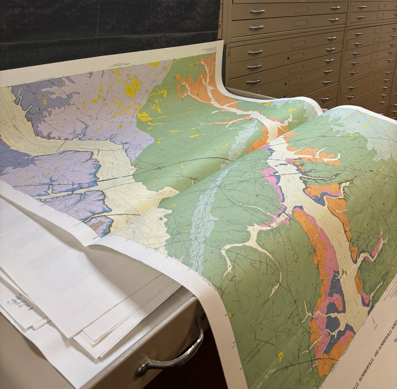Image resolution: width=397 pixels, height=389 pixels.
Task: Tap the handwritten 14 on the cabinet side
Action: pyautogui.click(x=228, y=49)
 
